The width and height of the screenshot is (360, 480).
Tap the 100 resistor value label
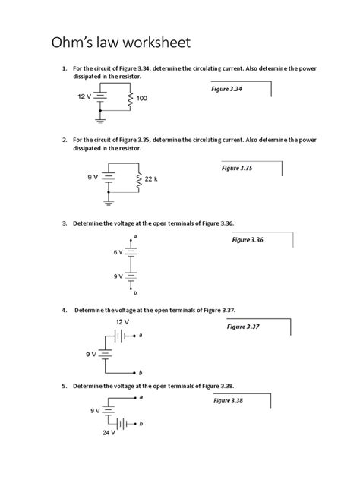[x=141, y=99]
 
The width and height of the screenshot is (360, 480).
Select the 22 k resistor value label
[x=150, y=179]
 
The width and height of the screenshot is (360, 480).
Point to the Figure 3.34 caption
[x=227, y=90]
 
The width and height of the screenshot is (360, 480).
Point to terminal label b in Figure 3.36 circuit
[x=135, y=294]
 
